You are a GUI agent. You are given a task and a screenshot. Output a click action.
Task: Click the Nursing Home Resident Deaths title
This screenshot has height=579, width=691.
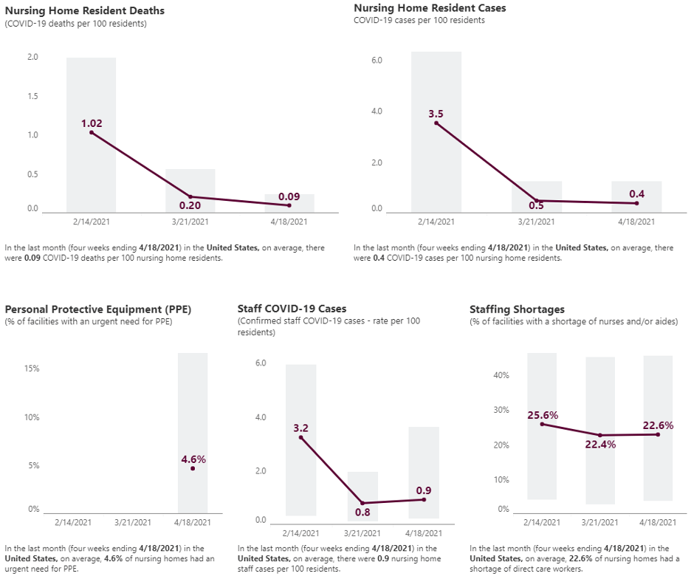coord(85,11)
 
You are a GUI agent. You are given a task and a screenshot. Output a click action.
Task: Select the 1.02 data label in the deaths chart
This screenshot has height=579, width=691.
coord(92,123)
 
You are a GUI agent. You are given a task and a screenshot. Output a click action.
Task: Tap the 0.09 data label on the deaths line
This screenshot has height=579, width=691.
coord(289,196)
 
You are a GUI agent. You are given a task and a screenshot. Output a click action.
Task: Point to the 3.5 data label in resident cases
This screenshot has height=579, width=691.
coord(436,114)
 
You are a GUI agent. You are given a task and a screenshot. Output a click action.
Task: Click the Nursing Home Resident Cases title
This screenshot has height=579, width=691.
coord(430,8)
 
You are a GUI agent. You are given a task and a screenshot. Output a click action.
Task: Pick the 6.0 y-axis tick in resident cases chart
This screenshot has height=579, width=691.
coord(376,60)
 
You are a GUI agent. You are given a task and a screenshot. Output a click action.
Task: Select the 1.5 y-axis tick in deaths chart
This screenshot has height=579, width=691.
coord(32,97)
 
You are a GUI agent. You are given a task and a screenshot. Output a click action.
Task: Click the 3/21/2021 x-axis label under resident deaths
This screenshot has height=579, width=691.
coord(190,221)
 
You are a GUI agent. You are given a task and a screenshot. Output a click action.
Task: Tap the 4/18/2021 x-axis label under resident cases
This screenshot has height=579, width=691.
coord(636,221)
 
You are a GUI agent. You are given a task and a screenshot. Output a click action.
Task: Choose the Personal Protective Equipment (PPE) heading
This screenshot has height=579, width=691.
coord(98,309)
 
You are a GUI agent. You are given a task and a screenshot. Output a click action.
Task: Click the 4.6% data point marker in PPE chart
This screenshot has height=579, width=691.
coord(193,468)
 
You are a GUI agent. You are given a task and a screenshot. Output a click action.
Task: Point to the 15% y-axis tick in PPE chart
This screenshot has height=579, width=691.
coord(32,369)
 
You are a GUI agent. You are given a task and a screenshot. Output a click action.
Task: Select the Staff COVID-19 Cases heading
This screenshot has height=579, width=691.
coord(292,309)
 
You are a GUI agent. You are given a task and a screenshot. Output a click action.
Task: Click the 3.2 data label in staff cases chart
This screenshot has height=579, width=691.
coord(300,428)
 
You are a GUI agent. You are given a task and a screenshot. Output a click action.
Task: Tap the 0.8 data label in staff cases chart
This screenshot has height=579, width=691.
coord(362,512)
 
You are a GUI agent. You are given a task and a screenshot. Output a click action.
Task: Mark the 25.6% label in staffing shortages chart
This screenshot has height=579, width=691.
coord(543,415)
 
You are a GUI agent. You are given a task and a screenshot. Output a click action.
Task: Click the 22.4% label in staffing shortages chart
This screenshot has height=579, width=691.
coord(600,444)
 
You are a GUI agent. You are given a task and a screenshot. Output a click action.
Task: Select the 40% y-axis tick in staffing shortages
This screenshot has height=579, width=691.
coord(501,375)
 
